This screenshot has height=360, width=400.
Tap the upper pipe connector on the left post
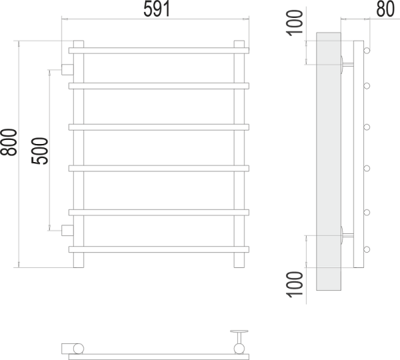[67, 68]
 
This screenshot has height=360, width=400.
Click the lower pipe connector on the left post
[67, 231]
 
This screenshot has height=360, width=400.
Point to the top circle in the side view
[367, 50]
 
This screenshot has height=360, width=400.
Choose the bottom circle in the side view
[367, 249]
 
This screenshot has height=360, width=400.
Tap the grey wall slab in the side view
[328, 160]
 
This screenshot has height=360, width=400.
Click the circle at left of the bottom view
[79, 348]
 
